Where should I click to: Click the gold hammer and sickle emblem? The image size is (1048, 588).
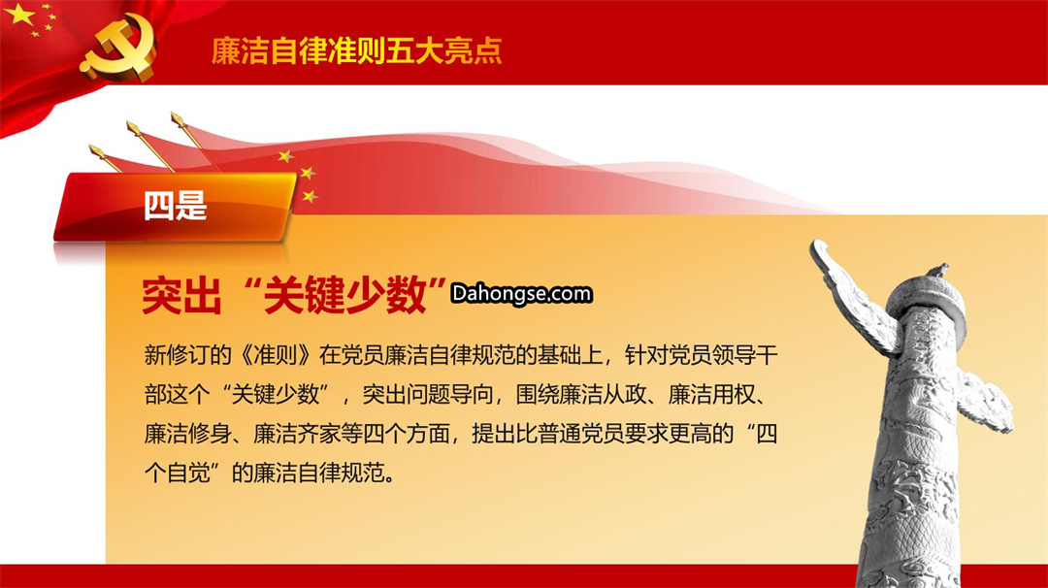[x=119, y=49]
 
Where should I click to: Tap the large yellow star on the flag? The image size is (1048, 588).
[x=19, y=14]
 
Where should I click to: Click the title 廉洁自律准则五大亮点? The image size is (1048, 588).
[x=356, y=50]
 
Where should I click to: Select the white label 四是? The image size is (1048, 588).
[x=175, y=205]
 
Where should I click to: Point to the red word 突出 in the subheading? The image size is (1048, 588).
[x=181, y=295]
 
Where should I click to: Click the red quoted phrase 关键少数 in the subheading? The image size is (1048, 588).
[x=345, y=295]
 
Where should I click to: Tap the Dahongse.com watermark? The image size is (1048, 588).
[x=521, y=293]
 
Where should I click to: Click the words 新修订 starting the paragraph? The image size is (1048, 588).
[x=177, y=355]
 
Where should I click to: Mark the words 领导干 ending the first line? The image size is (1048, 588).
[x=744, y=355]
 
